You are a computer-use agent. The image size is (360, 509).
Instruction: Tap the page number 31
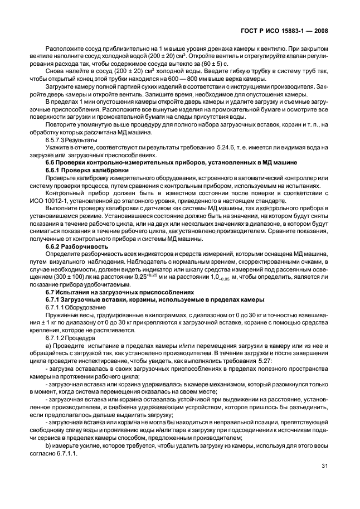click(x=325, y=467)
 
